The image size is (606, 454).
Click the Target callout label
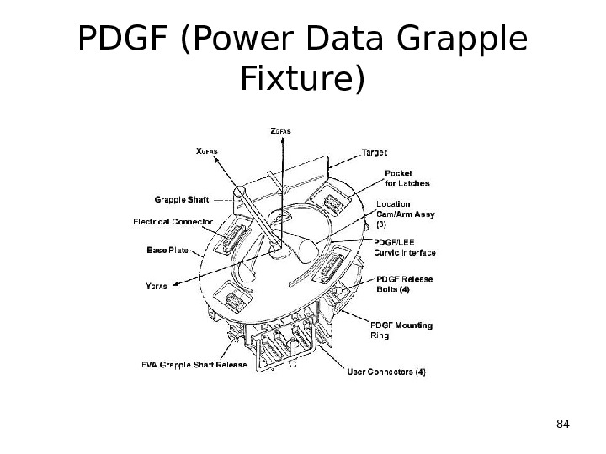pyautogui.click(x=375, y=153)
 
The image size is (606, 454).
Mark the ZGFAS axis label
pyautogui.click(x=283, y=131)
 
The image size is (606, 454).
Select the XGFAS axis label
pyautogui.click(x=206, y=152)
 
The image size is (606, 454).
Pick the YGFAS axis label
pyautogui.click(x=157, y=286)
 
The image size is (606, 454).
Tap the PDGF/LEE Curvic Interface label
pyautogui.click(x=404, y=247)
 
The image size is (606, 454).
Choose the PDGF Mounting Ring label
pyautogui.click(x=401, y=330)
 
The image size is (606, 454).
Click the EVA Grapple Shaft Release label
pyautogui.click(x=193, y=365)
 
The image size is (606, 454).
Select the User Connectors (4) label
pyautogui.click(x=387, y=371)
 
